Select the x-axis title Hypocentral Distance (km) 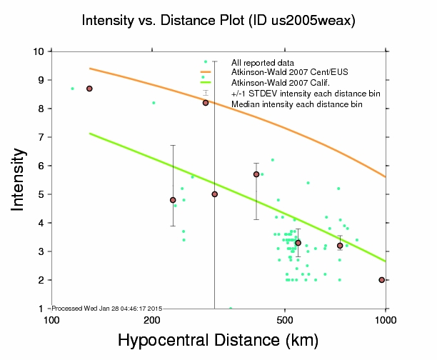[x=217, y=341]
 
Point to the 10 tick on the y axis [x=39, y=51]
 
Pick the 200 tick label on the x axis [x=152, y=319]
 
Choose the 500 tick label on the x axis [x=285, y=319]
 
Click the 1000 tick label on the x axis [x=385, y=319]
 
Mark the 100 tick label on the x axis [x=51, y=319]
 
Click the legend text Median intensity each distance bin [x=297, y=104]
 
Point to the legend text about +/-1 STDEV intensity [x=306, y=94]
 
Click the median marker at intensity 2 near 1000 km [x=382, y=280]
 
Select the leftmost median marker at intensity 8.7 [x=89, y=89]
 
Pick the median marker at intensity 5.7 [x=256, y=174]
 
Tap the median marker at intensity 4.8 [x=173, y=200]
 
